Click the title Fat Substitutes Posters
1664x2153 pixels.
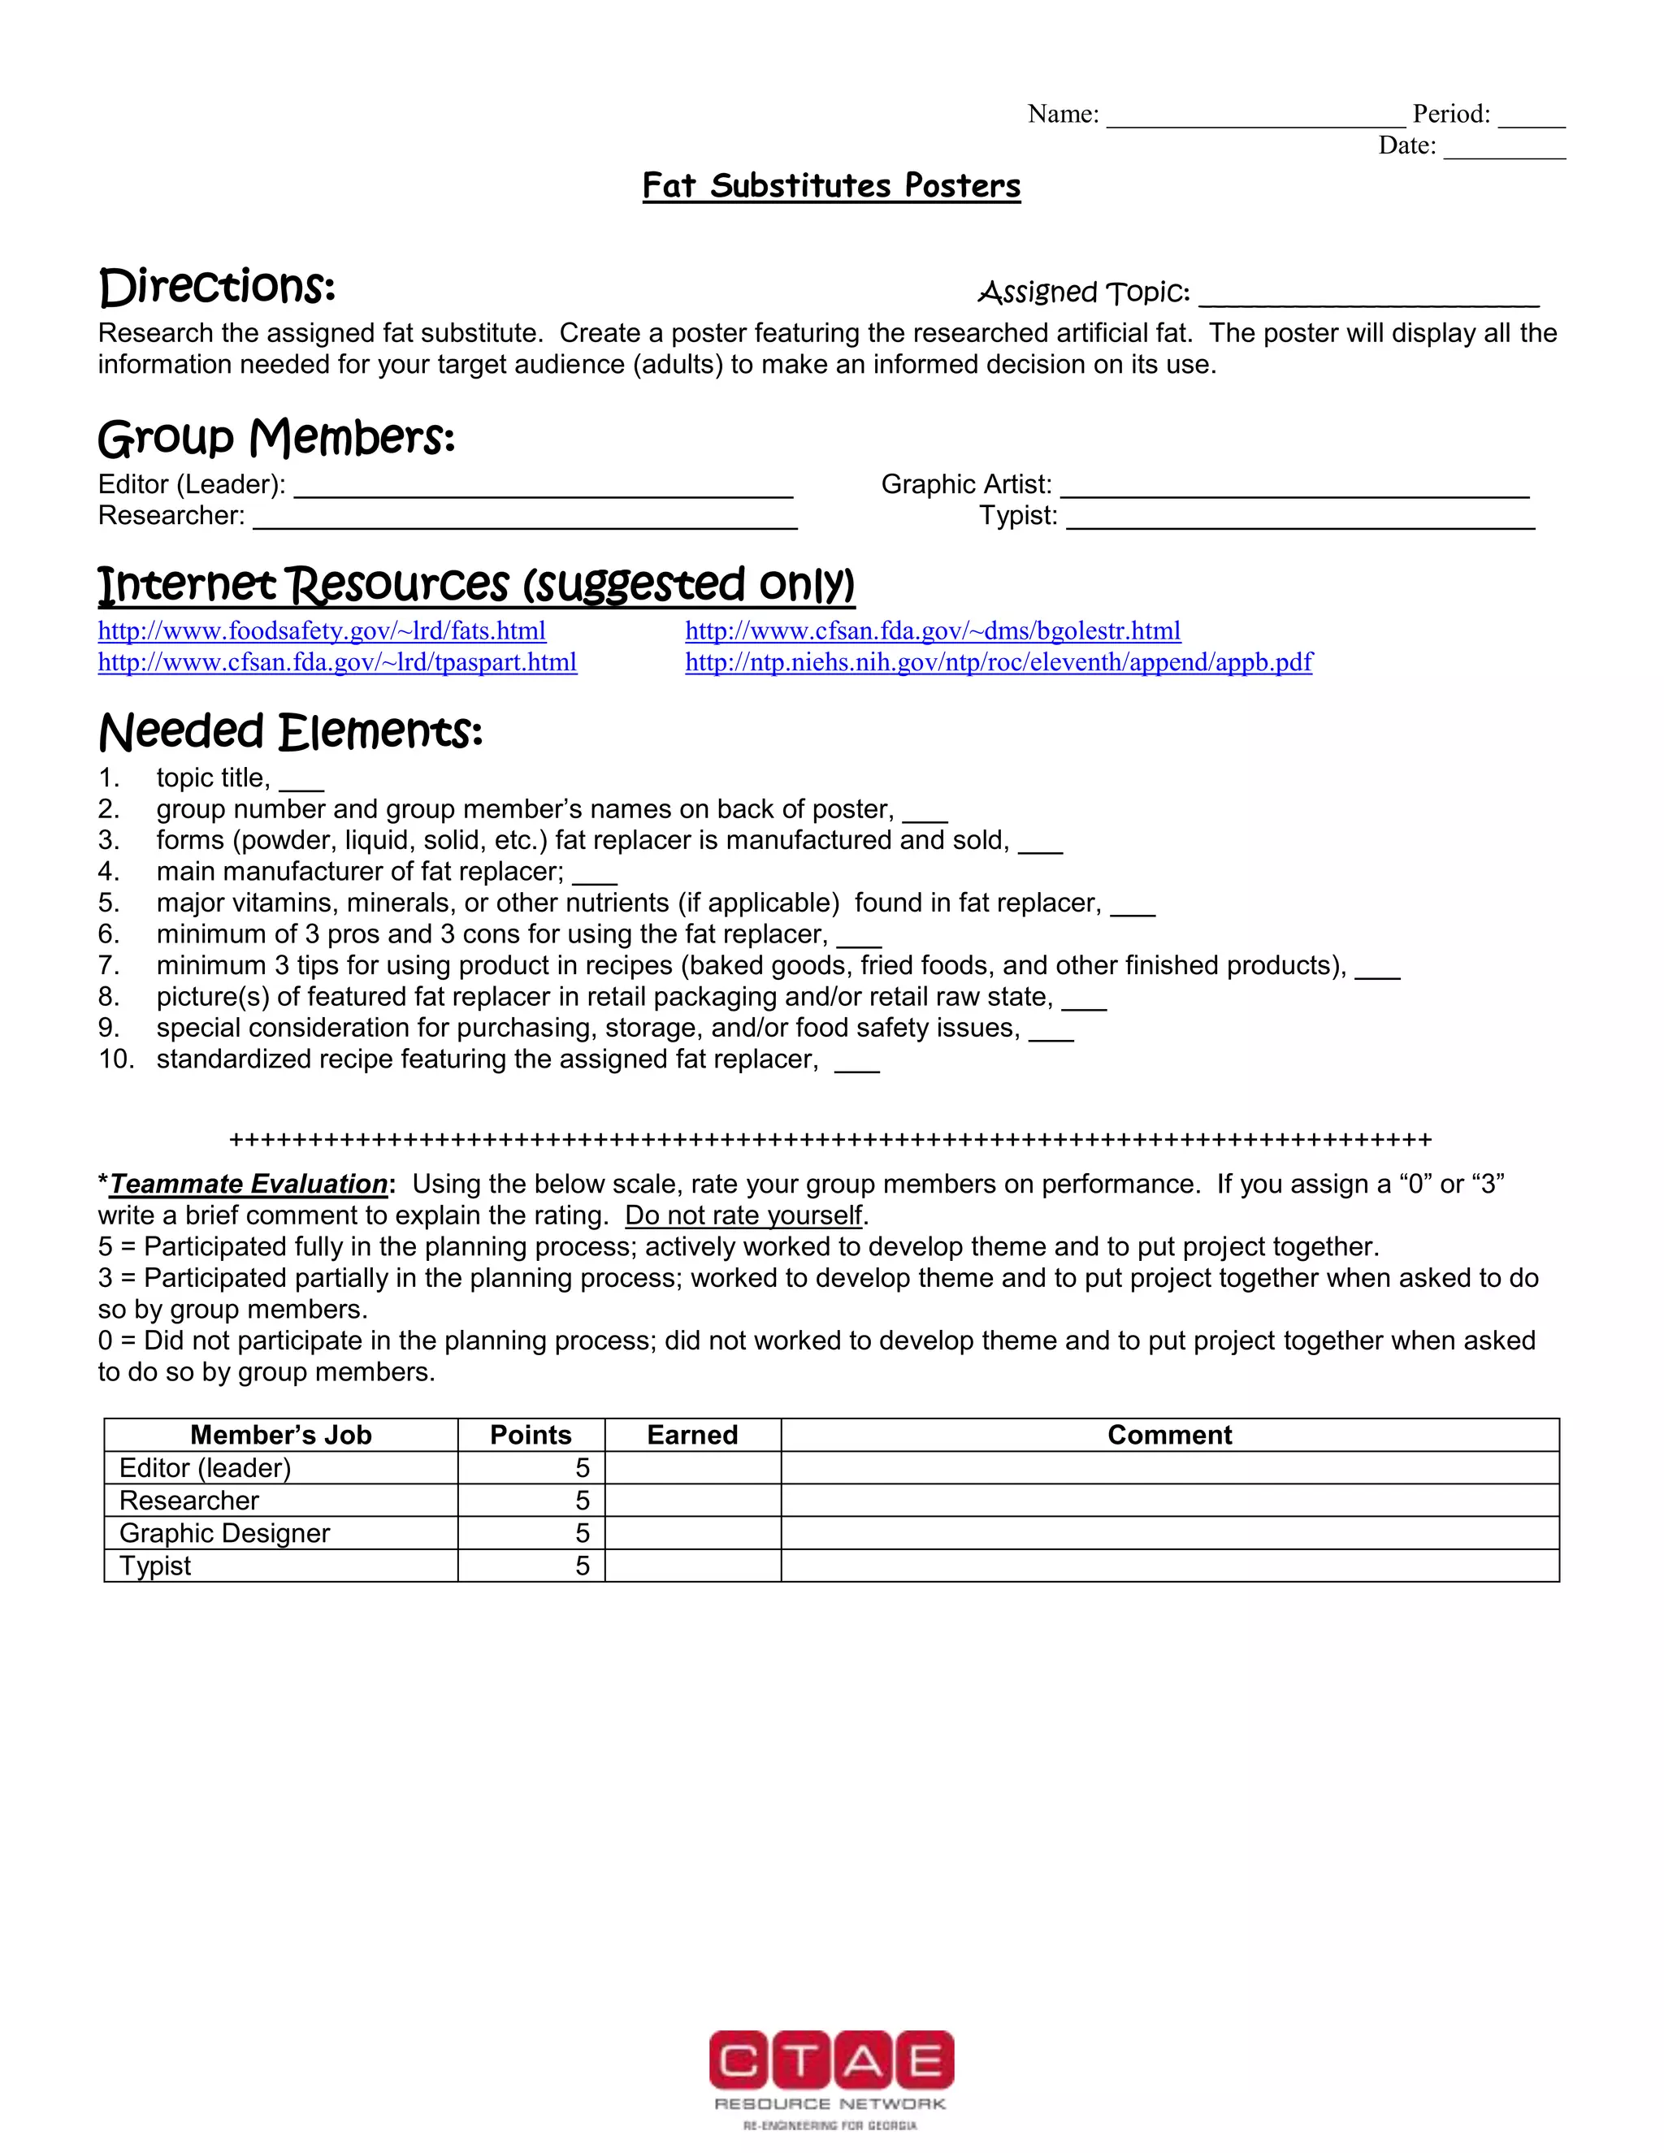(x=831, y=185)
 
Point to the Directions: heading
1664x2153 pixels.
(x=217, y=287)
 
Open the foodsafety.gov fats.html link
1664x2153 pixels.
(x=322, y=631)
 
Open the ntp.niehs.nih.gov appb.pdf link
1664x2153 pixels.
(x=998, y=662)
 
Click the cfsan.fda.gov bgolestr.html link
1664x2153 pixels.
(x=933, y=631)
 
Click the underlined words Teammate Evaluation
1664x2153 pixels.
(x=249, y=1184)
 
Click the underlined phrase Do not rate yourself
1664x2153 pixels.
(x=744, y=1215)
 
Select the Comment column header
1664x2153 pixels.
(x=1169, y=1436)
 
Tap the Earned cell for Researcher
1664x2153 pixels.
(x=692, y=1501)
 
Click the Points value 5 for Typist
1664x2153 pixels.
(x=582, y=1566)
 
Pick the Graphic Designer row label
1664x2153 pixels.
(x=225, y=1533)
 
